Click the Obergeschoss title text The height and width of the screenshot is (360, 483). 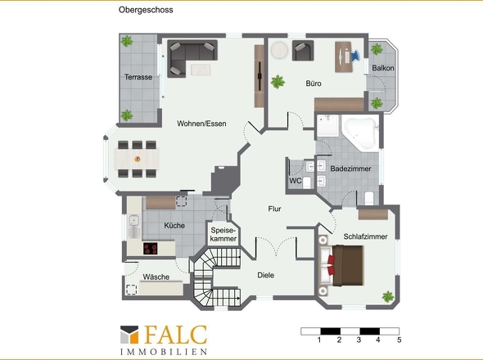click(x=146, y=10)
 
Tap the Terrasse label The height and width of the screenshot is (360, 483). click(x=138, y=77)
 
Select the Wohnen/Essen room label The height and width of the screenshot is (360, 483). click(x=201, y=124)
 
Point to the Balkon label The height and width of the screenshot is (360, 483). click(x=383, y=68)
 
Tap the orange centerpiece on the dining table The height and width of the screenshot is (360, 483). click(x=138, y=159)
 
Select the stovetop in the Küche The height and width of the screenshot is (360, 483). click(x=151, y=248)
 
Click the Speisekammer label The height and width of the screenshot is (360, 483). click(x=223, y=234)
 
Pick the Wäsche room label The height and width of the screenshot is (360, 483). click(x=156, y=277)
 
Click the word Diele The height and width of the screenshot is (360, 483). click(x=265, y=275)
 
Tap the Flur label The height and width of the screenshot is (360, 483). click(x=274, y=209)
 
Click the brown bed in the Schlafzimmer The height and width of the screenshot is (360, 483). click(x=346, y=265)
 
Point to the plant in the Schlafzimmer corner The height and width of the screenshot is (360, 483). click(x=388, y=296)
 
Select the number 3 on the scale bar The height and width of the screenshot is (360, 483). click(x=359, y=340)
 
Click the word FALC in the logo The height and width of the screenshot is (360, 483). click(x=175, y=335)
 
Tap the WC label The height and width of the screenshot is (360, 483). click(x=295, y=181)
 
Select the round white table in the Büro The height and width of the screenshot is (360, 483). click(x=279, y=50)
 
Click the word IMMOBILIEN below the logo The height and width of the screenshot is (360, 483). click(x=164, y=352)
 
